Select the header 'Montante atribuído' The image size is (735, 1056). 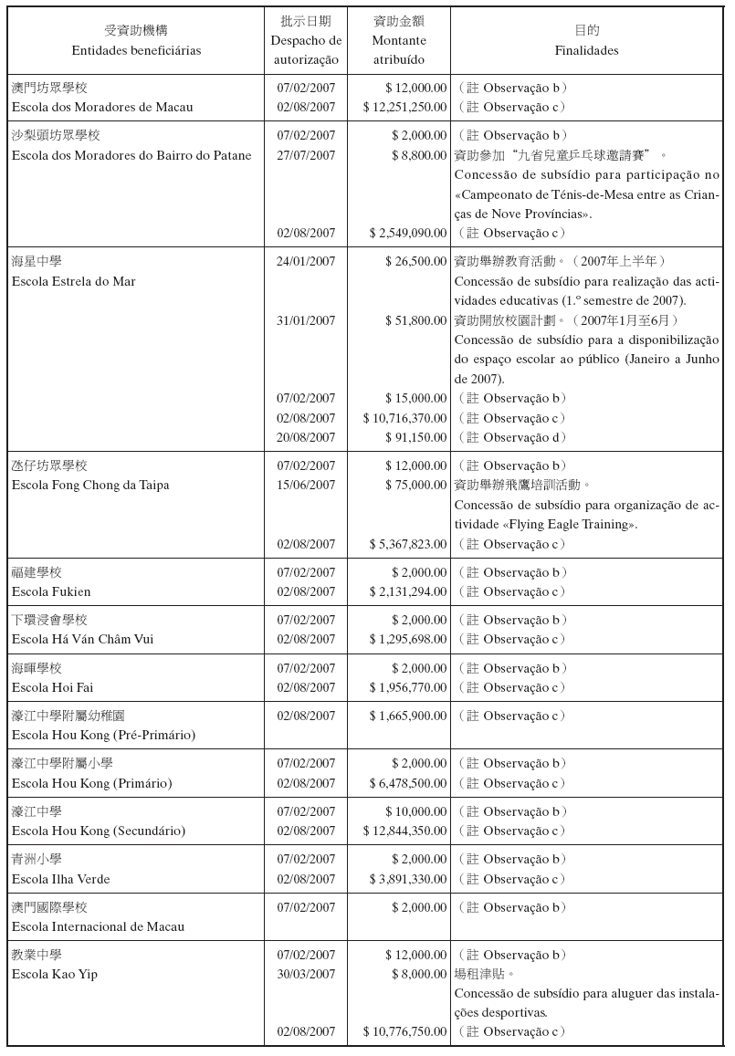[399, 50]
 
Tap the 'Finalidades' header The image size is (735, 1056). [586, 50]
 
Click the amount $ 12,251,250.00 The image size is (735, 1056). [404, 108]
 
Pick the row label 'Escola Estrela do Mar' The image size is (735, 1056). [74, 281]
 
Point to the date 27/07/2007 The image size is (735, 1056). [306, 155]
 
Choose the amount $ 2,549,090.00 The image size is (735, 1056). [408, 234]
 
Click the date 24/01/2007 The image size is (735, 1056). [306, 261]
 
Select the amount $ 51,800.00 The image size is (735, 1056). [416, 320]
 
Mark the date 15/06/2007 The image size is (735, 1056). [306, 485]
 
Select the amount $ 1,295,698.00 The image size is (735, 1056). [408, 639]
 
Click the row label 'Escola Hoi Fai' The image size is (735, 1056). [52, 687]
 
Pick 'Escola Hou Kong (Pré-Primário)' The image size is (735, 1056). [103, 735]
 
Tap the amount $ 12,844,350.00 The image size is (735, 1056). [404, 831]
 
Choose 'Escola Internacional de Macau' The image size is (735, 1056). [98, 926]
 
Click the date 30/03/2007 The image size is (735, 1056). [306, 974]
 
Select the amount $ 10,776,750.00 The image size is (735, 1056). [404, 1031]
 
